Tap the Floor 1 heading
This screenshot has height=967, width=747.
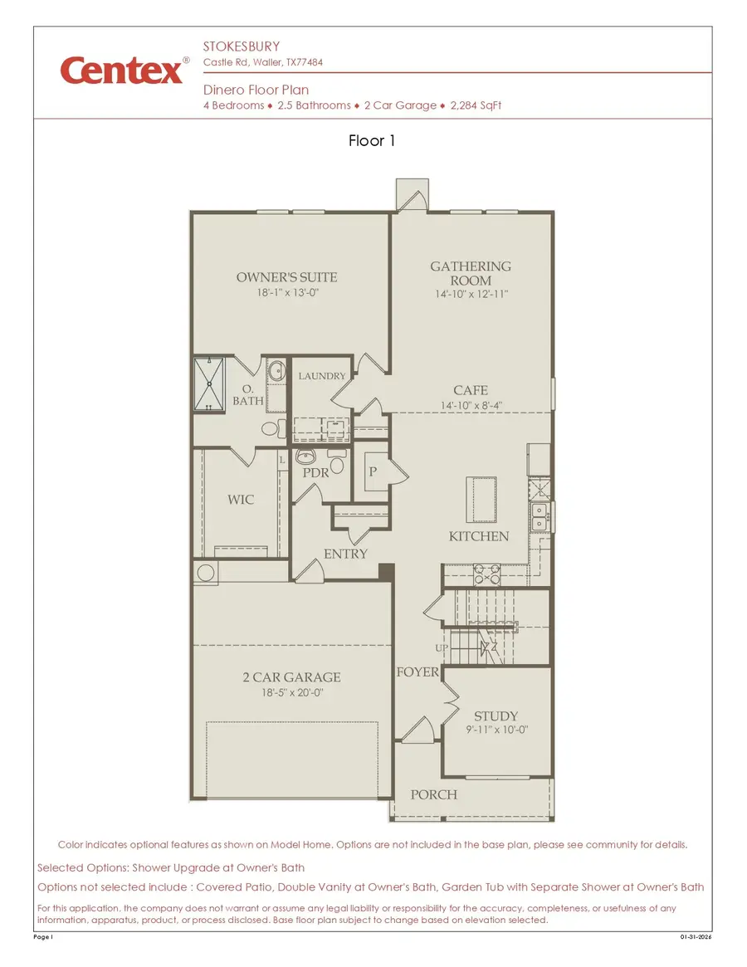point(373,141)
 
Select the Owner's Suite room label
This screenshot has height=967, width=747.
point(286,277)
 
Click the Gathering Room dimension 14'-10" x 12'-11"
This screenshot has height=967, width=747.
point(471,294)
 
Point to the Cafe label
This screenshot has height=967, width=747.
point(471,390)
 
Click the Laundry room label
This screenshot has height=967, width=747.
point(322,376)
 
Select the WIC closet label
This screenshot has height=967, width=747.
point(241,500)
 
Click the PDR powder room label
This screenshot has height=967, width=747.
point(315,472)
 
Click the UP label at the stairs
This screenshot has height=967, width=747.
point(442,647)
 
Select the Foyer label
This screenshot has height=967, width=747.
point(417,672)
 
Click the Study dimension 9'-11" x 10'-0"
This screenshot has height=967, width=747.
point(496,730)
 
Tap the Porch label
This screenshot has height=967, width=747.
point(433,794)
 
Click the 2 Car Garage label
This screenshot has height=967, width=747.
point(291,676)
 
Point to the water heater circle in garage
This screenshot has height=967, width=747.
point(205,571)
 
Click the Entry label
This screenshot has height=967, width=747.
point(345,554)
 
